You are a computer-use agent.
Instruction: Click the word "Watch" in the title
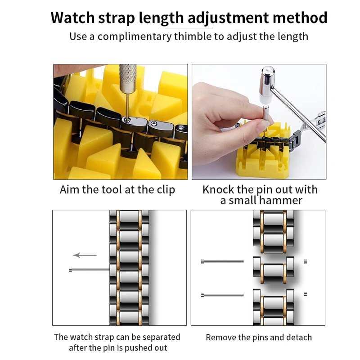coord(72,18)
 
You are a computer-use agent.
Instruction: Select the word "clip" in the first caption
coord(166,189)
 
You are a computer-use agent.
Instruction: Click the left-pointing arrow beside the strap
coord(85,255)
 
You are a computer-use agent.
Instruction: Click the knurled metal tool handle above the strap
coord(128,78)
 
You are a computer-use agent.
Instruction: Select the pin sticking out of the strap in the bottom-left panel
coord(89,270)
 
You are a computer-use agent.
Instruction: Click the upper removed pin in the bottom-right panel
coord(222,261)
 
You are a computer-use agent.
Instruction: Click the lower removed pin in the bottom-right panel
coord(222,295)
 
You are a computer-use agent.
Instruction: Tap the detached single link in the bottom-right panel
coord(273,270)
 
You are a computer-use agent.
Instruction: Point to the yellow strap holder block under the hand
coord(264,158)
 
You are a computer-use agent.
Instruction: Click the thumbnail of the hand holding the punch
coord(259,121)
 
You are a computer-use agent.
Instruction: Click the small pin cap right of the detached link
coord(306,261)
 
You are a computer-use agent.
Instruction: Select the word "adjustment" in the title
coord(228,18)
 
